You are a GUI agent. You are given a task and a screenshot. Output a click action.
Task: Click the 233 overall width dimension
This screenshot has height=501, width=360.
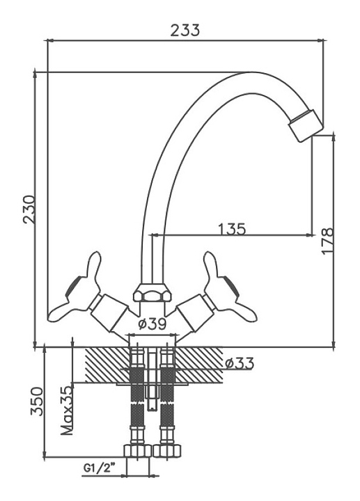(x=185, y=31)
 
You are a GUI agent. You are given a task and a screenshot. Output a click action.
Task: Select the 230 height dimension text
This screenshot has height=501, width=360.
(x=29, y=209)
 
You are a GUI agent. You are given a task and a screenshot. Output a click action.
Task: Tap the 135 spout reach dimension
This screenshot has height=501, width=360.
(x=232, y=229)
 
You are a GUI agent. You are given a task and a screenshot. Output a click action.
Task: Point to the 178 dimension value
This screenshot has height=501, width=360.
(x=328, y=241)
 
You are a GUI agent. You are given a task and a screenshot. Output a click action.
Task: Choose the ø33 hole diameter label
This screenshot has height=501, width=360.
(x=240, y=363)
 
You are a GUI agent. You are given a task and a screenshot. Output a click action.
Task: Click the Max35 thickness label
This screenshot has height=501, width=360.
(x=68, y=411)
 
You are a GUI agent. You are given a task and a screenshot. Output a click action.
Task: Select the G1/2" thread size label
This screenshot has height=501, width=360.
(x=100, y=468)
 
